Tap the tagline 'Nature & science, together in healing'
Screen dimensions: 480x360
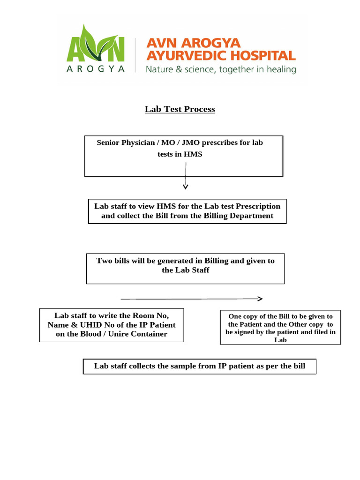(221, 70)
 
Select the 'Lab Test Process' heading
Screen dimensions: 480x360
(180, 109)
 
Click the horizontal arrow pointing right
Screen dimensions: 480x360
(191, 299)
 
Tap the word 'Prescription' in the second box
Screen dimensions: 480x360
(258, 206)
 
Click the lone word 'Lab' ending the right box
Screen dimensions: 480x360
(280, 340)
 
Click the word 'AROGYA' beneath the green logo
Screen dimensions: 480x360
(96, 69)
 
